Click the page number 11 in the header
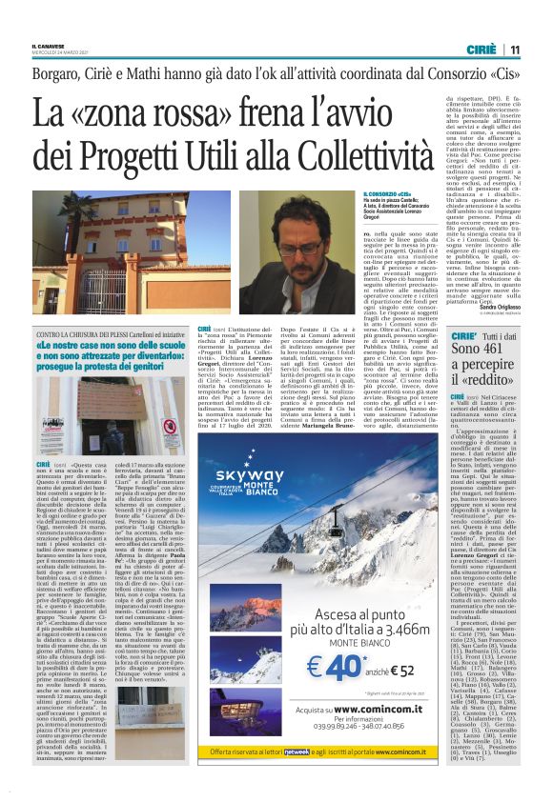[514, 49]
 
